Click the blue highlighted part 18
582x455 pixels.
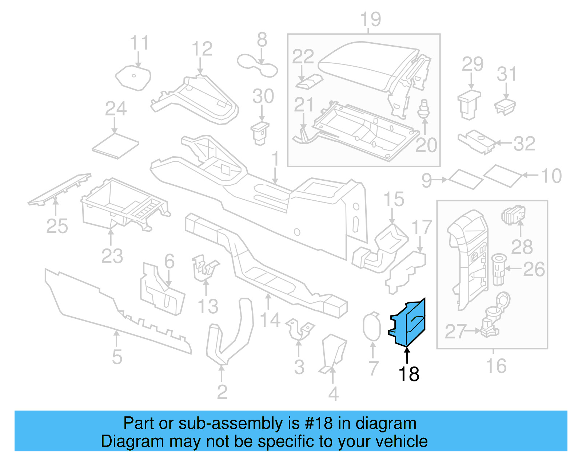click(409, 322)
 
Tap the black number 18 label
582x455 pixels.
click(409, 374)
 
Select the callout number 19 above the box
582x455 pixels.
click(370, 19)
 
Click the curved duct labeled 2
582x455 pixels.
click(229, 335)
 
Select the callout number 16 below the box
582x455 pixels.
click(496, 366)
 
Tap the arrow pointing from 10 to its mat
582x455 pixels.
click(531, 175)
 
